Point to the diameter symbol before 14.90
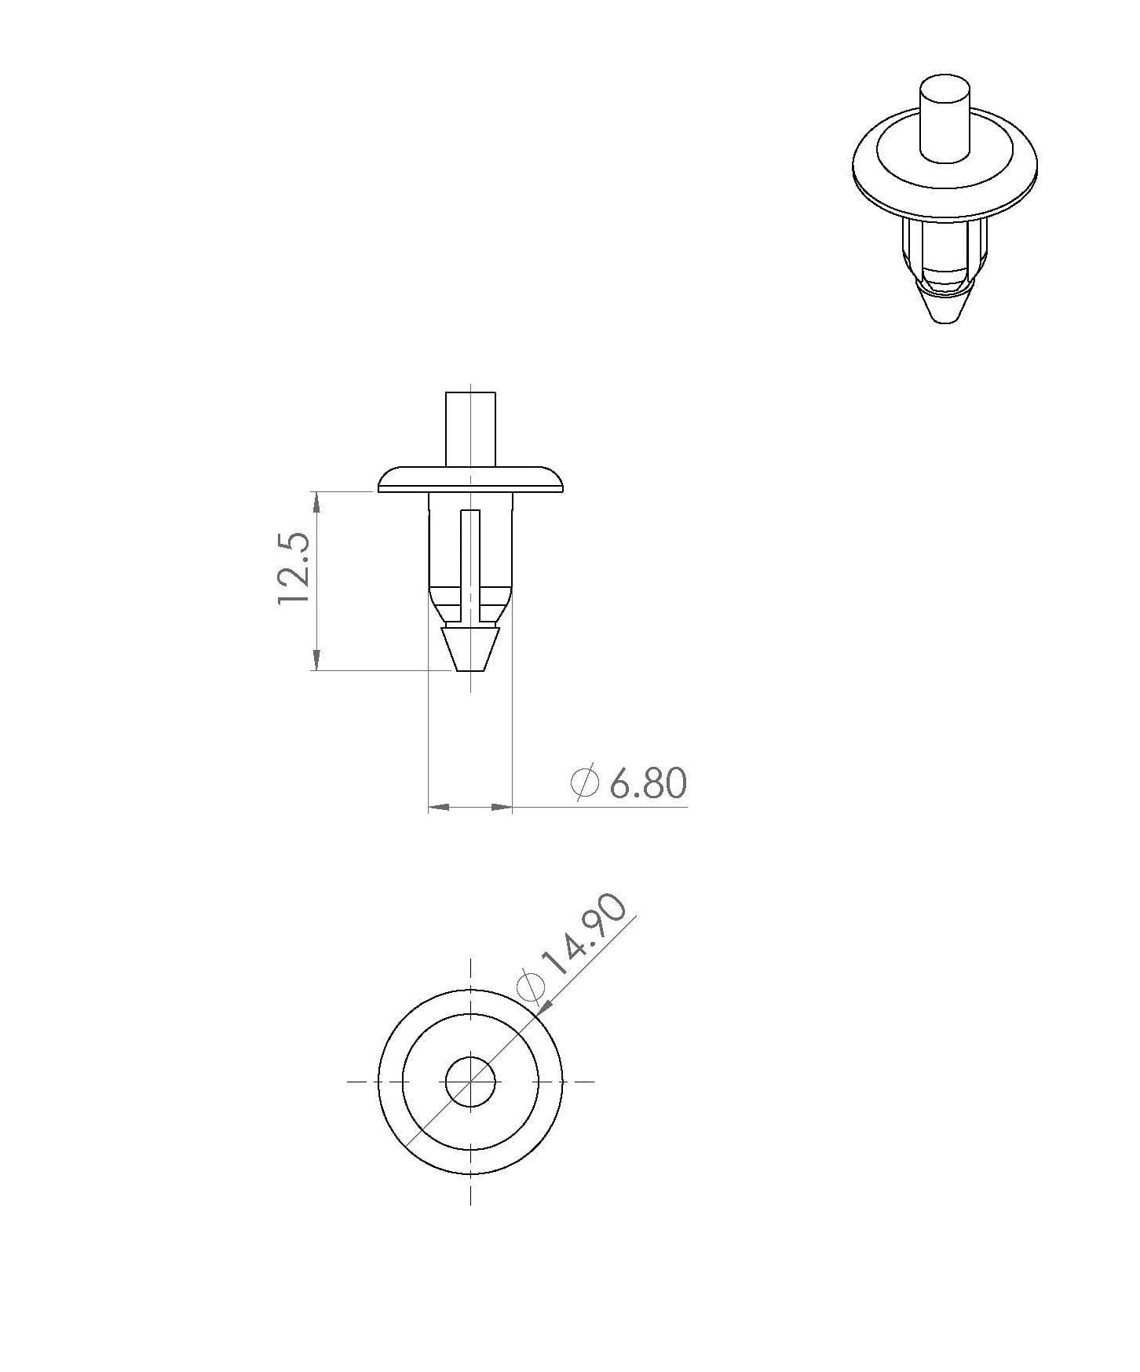[531, 987]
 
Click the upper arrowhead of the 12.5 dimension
[316, 502]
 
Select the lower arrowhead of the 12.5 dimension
[316, 659]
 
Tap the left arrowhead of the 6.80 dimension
[439, 806]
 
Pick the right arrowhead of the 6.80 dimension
[501, 806]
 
